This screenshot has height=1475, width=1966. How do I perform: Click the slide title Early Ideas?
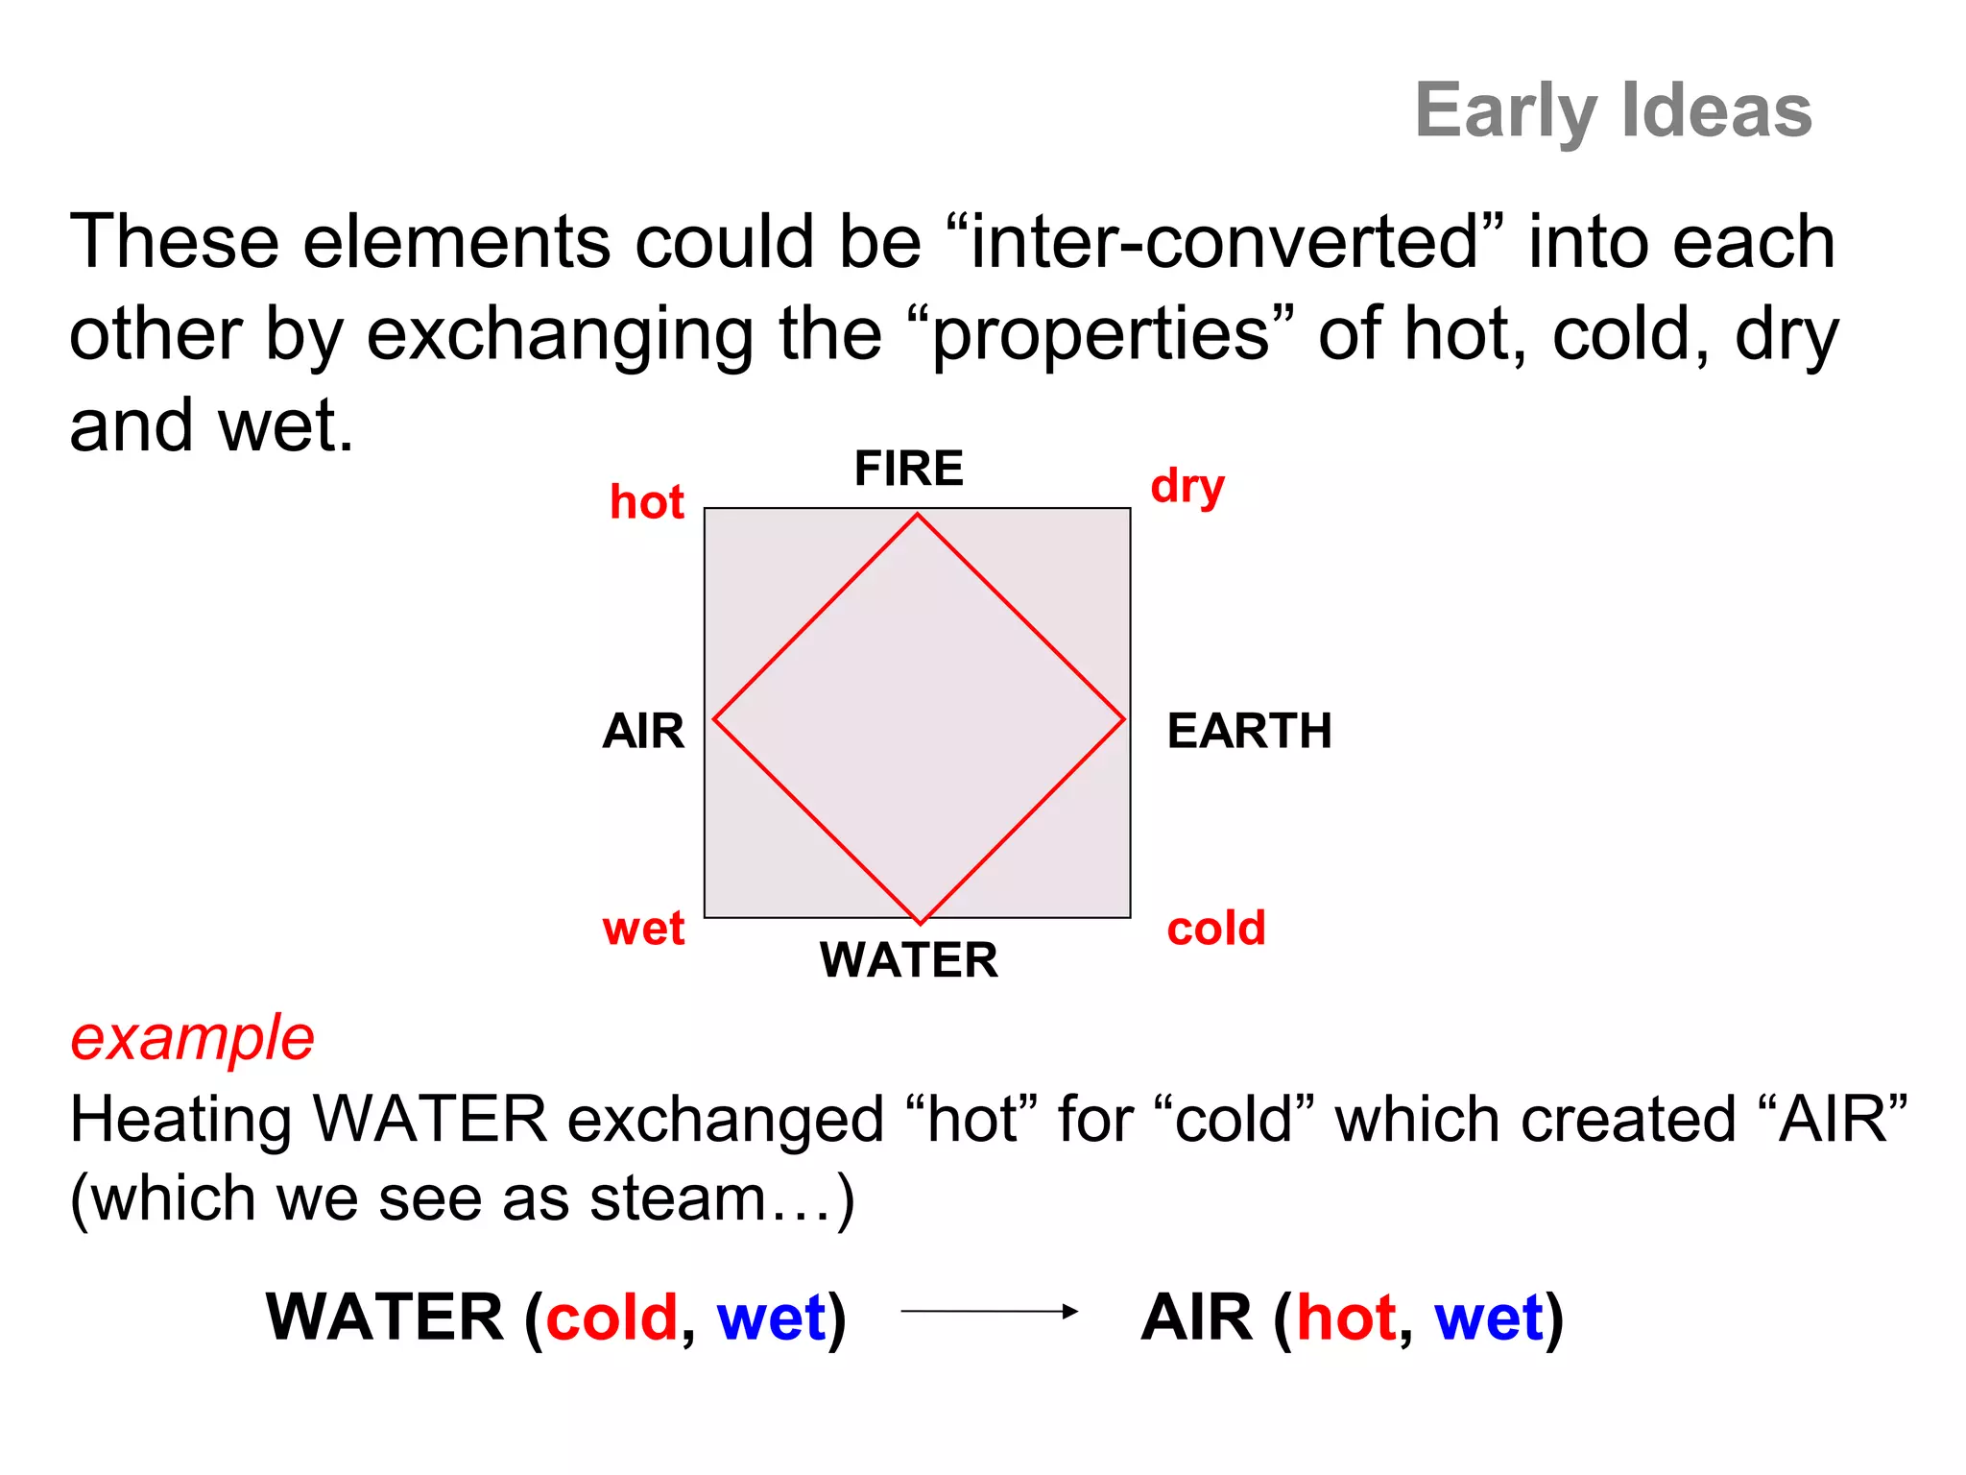[x=1613, y=110]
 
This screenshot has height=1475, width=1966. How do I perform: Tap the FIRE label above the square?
[x=908, y=469]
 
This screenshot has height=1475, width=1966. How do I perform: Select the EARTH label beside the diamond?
[x=1249, y=731]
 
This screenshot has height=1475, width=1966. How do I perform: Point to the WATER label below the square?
[x=908, y=959]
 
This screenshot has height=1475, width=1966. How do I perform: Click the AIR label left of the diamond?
[x=643, y=731]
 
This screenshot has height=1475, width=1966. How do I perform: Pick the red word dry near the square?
[x=1187, y=487]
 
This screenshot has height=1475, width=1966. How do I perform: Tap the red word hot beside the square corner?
[x=647, y=502]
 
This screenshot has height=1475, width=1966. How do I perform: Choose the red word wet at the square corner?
[x=643, y=929]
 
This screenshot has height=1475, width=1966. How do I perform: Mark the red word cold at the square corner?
[x=1216, y=929]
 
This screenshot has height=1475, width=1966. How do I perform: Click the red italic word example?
[x=192, y=1038]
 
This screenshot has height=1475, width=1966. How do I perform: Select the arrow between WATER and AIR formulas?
[x=989, y=1311]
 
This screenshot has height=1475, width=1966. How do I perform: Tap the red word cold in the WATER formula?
[x=612, y=1317]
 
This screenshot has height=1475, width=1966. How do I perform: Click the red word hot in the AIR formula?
[x=1346, y=1317]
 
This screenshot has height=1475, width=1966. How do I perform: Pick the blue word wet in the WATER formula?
[x=771, y=1317]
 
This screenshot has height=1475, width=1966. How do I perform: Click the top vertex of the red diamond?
[x=918, y=515]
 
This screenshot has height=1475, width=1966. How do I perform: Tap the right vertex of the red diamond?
[x=1124, y=718]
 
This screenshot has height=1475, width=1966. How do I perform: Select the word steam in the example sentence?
[x=678, y=1199]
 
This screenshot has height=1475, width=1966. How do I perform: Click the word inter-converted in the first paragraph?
[x=1224, y=242]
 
